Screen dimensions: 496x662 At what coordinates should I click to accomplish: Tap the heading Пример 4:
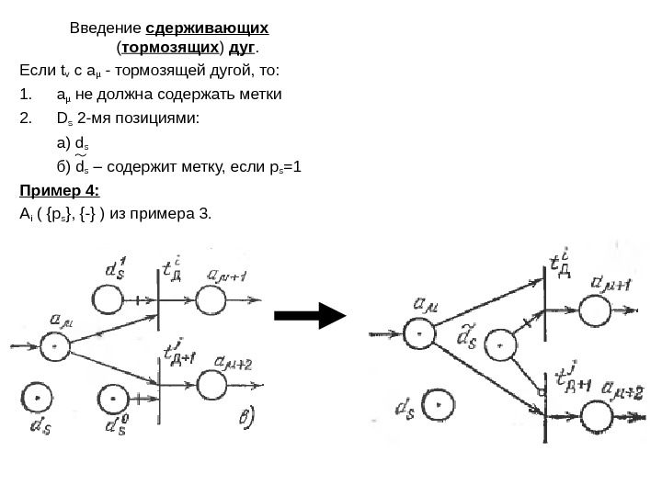[59, 192]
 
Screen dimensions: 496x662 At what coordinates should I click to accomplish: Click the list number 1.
[25, 95]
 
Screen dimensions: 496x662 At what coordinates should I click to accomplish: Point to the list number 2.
[26, 118]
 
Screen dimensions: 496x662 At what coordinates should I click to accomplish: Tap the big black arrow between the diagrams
[310, 317]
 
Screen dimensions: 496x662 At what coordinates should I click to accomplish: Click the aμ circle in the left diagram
[55, 345]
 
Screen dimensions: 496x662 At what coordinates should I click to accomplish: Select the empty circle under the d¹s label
[108, 299]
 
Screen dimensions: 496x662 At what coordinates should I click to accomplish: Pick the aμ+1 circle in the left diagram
[210, 299]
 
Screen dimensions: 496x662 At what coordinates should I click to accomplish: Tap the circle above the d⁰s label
[113, 399]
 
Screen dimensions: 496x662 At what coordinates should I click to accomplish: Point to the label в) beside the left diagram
[248, 419]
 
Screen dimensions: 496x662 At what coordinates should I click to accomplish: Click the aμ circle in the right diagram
[419, 333]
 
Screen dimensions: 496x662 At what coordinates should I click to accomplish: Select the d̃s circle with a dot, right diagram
[501, 346]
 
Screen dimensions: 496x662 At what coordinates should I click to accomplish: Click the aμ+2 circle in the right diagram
[596, 417]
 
